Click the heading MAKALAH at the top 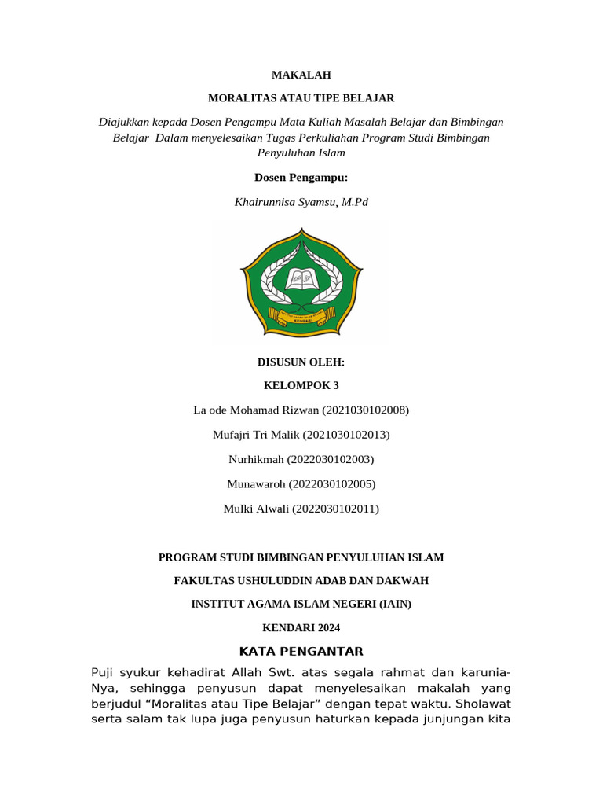pos(301,75)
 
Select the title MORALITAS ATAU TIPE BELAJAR pos(301,98)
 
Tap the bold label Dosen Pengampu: pos(301,178)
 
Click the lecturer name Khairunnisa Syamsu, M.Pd pos(301,202)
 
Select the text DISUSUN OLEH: pos(301,362)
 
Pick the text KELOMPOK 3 pos(301,385)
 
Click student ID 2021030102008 pos(364,410)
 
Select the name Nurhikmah pos(255,458)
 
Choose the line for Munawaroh pos(301,483)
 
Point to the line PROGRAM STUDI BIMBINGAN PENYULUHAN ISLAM pos(301,557)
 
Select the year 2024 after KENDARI pos(329,628)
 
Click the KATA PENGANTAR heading pos(301,651)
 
